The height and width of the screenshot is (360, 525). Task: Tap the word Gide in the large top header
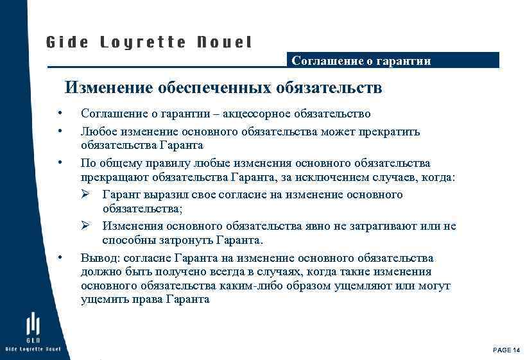66,42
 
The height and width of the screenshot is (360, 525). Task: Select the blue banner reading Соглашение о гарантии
392,60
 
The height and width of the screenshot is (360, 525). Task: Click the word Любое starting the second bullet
97,132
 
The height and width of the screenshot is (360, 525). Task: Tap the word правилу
163,163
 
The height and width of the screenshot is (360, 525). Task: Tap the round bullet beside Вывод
59,258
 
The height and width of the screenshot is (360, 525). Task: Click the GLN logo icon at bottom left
33,327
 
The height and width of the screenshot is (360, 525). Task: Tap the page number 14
517,349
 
